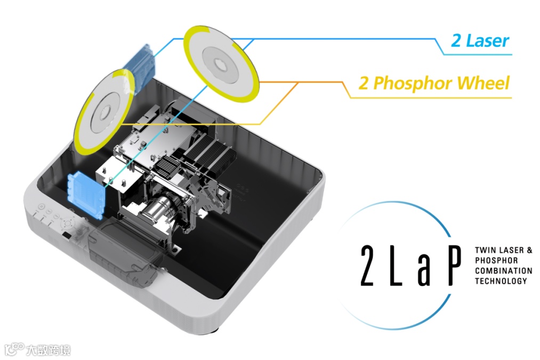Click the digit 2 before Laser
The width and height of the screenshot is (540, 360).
457,41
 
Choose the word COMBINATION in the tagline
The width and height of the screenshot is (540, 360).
503,270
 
